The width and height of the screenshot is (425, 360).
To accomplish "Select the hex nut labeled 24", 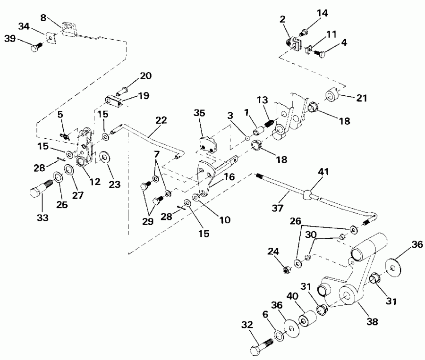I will [x=286, y=270].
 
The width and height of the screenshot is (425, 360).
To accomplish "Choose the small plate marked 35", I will [x=207, y=144].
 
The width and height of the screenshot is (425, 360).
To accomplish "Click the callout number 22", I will [x=161, y=121].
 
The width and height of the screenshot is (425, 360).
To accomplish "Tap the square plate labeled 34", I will [x=50, y=36].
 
